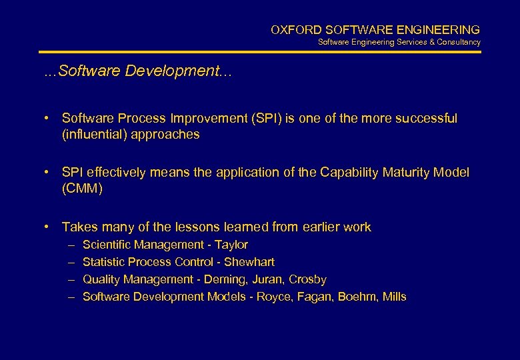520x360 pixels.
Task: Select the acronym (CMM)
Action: tap(82, 189)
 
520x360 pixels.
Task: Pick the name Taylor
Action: tap(231, 245)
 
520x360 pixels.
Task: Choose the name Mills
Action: tap(394, 297)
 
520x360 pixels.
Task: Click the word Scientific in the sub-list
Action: tap(105, 245)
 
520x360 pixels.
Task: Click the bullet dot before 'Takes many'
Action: tap(48, 227)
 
